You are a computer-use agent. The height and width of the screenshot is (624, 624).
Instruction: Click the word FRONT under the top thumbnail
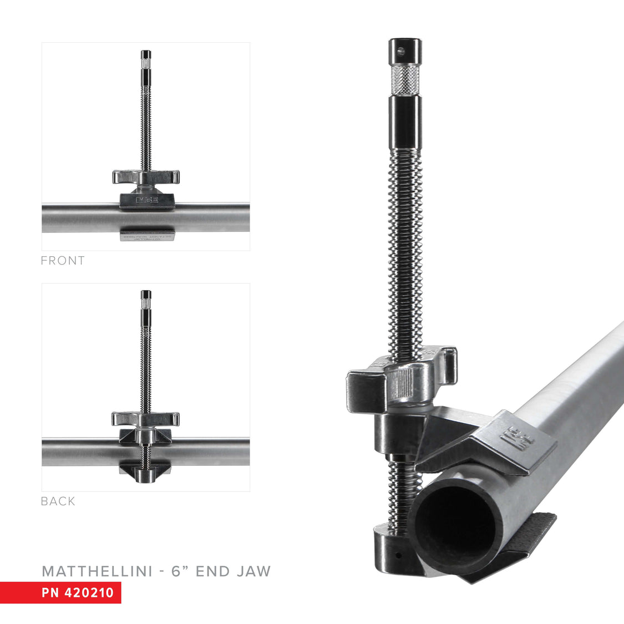coord(63,261)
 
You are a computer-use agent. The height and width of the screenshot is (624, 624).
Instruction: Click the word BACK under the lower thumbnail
coord(58,501)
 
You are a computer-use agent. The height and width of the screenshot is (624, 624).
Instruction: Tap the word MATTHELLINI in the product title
coord(97,571)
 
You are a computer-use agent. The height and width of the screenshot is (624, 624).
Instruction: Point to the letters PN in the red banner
coord(50,592)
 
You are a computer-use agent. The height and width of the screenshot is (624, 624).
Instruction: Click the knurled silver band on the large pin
coord(404,80)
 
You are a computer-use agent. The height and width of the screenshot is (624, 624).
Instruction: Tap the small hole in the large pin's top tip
coord(401,51)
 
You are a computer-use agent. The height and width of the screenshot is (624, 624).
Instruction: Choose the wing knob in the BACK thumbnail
coord(145,418)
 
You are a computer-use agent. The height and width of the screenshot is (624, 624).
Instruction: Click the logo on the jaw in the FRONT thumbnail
coord(147,199)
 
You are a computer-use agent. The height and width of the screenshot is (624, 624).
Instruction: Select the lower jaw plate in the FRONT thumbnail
coord(147,236)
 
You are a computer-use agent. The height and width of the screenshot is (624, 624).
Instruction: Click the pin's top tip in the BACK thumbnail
coord(146,294)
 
